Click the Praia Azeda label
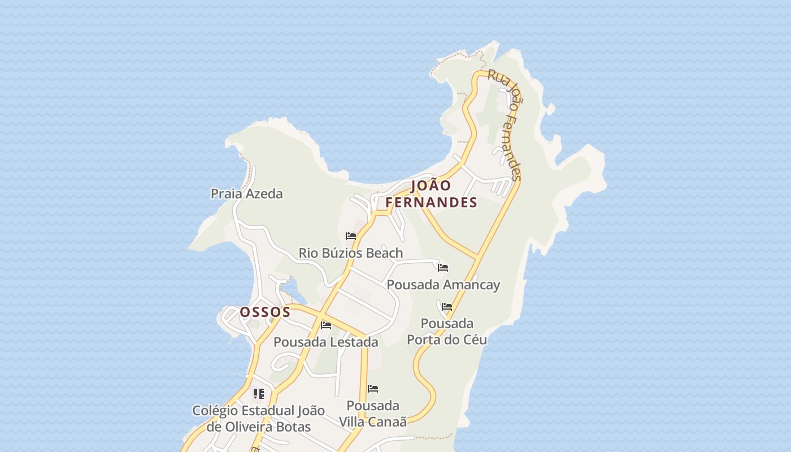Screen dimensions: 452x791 pyautogui.click(x=246, y=194)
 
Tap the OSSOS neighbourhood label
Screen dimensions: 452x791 pyautogui.click(x=265, y=312)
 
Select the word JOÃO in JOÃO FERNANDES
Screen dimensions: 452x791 pyautogui.click(x=431, y=186)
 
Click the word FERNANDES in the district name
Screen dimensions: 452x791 pyautogui.click(x=431, y=202)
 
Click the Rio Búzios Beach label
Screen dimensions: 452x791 pyautogui.click(x=350, y=253)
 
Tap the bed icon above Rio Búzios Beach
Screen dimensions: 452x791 pyautogui.click(x=351, y=236)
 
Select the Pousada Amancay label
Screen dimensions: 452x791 pyautogui.click(x=443, y=284)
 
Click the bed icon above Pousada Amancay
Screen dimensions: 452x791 pyautogui.click(x=443, y=268)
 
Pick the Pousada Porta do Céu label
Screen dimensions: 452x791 pyautogui.click(x=447, y=331)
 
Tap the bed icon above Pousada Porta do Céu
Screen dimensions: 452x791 pyautogui.click(x=447, y=307)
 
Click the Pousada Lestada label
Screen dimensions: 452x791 pyautogui.click(x=325, y=342)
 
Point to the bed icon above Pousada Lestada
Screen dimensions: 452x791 pyautogui.click(x=326, y=325)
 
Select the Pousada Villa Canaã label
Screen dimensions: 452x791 pyautogui.click(x=373, y=414)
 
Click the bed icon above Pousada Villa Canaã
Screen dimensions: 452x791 pyautogui.click(x=373, y=389)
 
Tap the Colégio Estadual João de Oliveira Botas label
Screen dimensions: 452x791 pyautogui.click(x=258, y=418)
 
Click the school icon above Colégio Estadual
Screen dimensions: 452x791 pyautogui.click(x=258, y=394)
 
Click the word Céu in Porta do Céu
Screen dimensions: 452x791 pyautogui.click(x=473, y=340)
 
